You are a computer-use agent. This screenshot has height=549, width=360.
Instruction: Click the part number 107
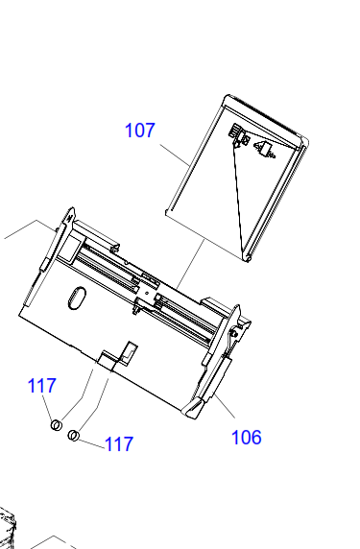[140, 130]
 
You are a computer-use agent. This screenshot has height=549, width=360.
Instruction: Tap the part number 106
[247, 438]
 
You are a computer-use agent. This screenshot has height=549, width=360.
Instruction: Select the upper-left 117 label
[41, 386]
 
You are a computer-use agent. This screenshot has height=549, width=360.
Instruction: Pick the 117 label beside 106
[119, 444]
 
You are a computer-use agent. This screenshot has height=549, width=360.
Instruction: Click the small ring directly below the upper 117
[57, 425]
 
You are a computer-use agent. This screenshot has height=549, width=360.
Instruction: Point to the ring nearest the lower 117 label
[73, 436]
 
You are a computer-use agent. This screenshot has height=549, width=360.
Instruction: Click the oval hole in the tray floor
[77, 298]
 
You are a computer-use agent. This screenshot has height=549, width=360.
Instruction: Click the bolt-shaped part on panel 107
[266, 149]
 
